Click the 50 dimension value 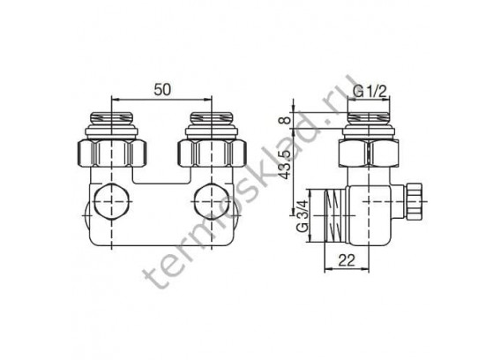click(162, 89)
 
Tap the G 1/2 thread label click(370, 92)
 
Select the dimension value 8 click(287, 120)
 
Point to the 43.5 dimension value click(287, 164)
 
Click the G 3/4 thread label click(303, 216)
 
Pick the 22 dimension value click(347, 261)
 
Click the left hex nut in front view click(112, 153)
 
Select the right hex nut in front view click(212, 153)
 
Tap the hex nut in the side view click(369, 153)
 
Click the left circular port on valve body click(112, 202)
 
